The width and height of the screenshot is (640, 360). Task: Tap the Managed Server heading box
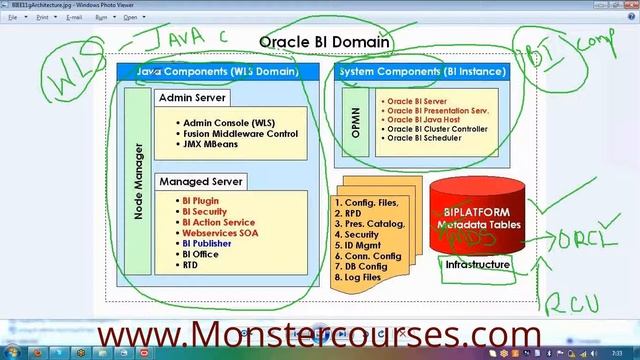(x=201, y=182)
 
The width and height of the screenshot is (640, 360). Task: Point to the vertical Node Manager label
(x=138, y=181)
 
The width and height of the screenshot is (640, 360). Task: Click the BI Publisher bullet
(x=206, y=243)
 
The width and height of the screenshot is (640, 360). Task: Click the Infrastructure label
(x=478, y=265)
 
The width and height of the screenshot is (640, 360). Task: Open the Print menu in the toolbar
(x=43, y=18)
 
